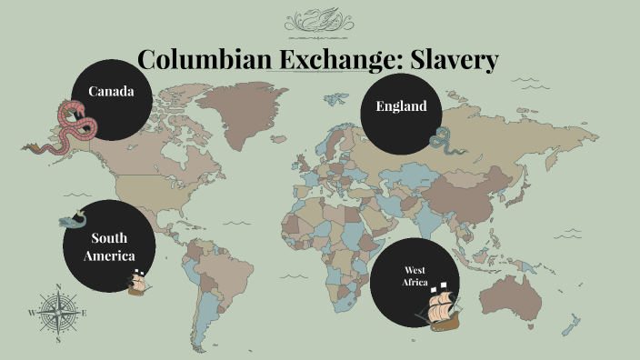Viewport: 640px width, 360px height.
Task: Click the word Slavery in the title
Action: [x=455, y=60]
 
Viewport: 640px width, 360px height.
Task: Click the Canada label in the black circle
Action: [x=111, y=92]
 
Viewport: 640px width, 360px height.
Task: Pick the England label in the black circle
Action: [x=401, y=106]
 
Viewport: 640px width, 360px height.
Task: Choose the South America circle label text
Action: [x=109, y=247]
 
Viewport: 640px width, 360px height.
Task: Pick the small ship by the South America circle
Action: [x=137, y=282]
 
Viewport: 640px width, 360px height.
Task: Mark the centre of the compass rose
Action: [x=58, y=313]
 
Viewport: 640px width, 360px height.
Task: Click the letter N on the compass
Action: [x=59, y=288]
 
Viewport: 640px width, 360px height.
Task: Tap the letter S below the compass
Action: [x=57, y=341]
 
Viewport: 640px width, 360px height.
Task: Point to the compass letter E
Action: [x=85, y=314]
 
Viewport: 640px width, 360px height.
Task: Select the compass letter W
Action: [x=31, y=314]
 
